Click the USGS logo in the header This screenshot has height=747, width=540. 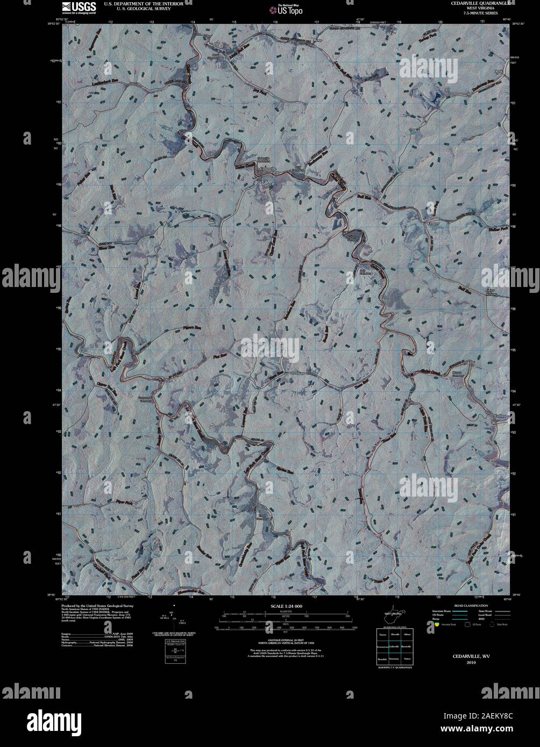pyautogui.click(x=79, y=7)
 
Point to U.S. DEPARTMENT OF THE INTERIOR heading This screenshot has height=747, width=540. pyautogui.click(x=136, y=3)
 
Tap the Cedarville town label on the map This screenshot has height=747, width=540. pyautogui.click(x=267, y=169)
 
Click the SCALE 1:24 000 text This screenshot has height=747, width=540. pyautogui.click(x=285, y=606)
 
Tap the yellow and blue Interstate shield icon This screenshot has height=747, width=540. pyautogui.click(x=437, y=624)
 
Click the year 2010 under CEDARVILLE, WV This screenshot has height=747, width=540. pyautogui.click(x=472, y=662)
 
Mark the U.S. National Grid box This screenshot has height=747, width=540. pyautogui.click(x=173, y=646)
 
